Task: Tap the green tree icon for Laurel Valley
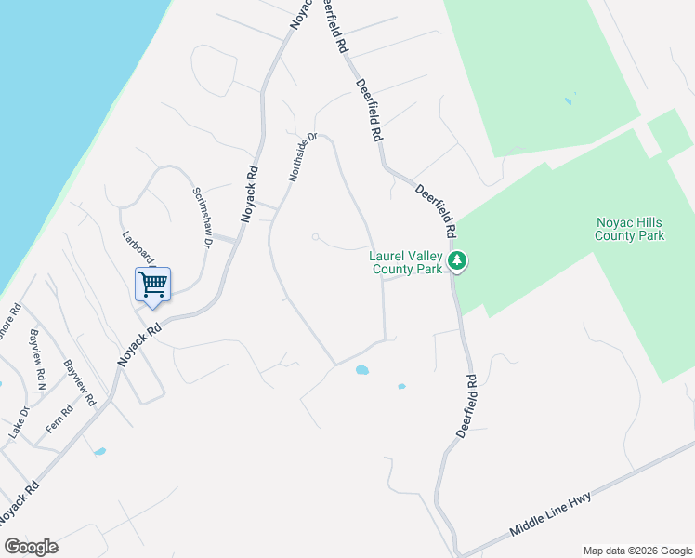tap(456, 261)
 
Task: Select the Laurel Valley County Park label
tap(404, 262)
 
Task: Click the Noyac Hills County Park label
tap(630, 229)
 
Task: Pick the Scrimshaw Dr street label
tap(203, 217)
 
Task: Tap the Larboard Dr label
tap(138, 249)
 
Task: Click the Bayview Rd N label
tap(38, 358)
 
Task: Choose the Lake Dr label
tap(20, 422)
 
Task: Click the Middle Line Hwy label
tap(550, 514)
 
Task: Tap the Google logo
tap(32, 546)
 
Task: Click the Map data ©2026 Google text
tap(638, 551)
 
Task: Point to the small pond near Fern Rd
tap(99, 452)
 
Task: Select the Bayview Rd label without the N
tap(80, 382)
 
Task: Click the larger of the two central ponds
tap(361, 370)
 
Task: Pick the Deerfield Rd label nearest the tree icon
tap(437, 209)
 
